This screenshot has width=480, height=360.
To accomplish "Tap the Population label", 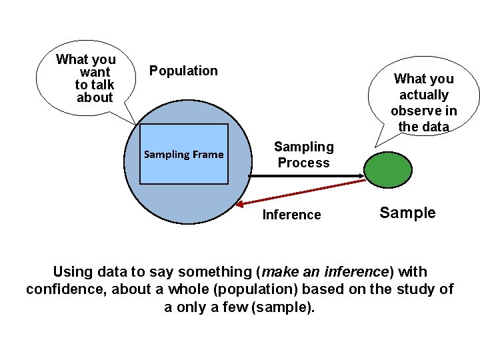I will [x=183, y=71].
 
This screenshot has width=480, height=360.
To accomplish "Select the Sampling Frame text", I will [x=184, y=155].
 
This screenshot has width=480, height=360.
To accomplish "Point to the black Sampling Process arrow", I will [x=307, y=177].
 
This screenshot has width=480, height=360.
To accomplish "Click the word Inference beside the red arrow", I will [x=291, y=215].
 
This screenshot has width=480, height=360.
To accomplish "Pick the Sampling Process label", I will [x=303, y=155].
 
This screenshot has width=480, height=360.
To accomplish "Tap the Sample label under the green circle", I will [x=407, y=213].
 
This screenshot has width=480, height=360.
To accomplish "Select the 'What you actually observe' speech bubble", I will [x=423, y=100].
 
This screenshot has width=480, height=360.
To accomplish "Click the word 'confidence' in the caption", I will [x=64, y=289].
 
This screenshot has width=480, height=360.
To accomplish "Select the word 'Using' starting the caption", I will [x=72, y=272].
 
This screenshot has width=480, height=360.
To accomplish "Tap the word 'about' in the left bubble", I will [x=95, y=97].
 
